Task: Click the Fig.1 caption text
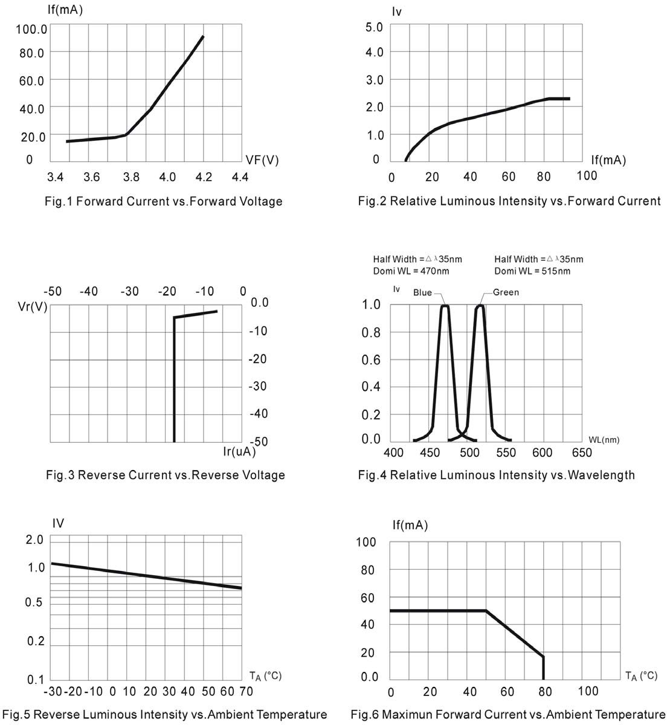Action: (x=164, y=201)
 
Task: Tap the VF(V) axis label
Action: (x=262, y=159)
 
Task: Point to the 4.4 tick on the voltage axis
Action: (x=240, y=177)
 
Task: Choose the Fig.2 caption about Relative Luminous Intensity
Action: (x=509, y=201)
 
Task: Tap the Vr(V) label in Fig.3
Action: (x=33, y=306)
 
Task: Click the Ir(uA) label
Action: (x=239, y=451)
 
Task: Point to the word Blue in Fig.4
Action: (x=422, y=292)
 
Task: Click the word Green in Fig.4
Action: (x=506, y=292)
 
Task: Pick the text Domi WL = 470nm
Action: (x=411, y=271)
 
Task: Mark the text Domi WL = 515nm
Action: (x=532, y=271)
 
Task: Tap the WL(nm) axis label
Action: (x=603, y=440)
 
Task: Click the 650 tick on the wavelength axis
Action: (x=582, y=453)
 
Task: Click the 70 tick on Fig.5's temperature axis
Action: (x=246, y=691)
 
